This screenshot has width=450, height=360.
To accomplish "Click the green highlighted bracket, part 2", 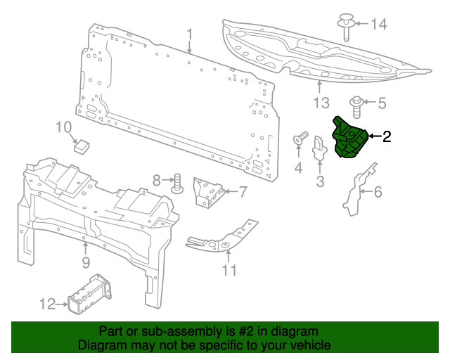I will pyautogui.click(x=349, y=137).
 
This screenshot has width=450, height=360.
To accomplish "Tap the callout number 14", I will pyautogui.click(x=379, y=25).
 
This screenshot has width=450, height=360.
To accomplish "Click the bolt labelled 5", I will pyautogui.click(x=357, y=105).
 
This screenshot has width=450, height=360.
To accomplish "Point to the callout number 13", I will pyautogui.click(x=321, y=104).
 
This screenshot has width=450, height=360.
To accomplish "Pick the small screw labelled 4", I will pyautogui.click(x=299, y=138).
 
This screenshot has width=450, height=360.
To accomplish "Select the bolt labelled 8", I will pyautogui.click(x=178, y=184).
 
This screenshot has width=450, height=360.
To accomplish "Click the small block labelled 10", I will pyautogui.click(x=83, y=145).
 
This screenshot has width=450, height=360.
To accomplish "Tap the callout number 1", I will pyautogui.click(x=189, y=34).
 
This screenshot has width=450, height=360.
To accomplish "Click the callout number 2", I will pyautogui.click(x=386, y=136).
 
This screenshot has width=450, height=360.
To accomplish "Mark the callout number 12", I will pyautogui.click(x=47, y=304).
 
